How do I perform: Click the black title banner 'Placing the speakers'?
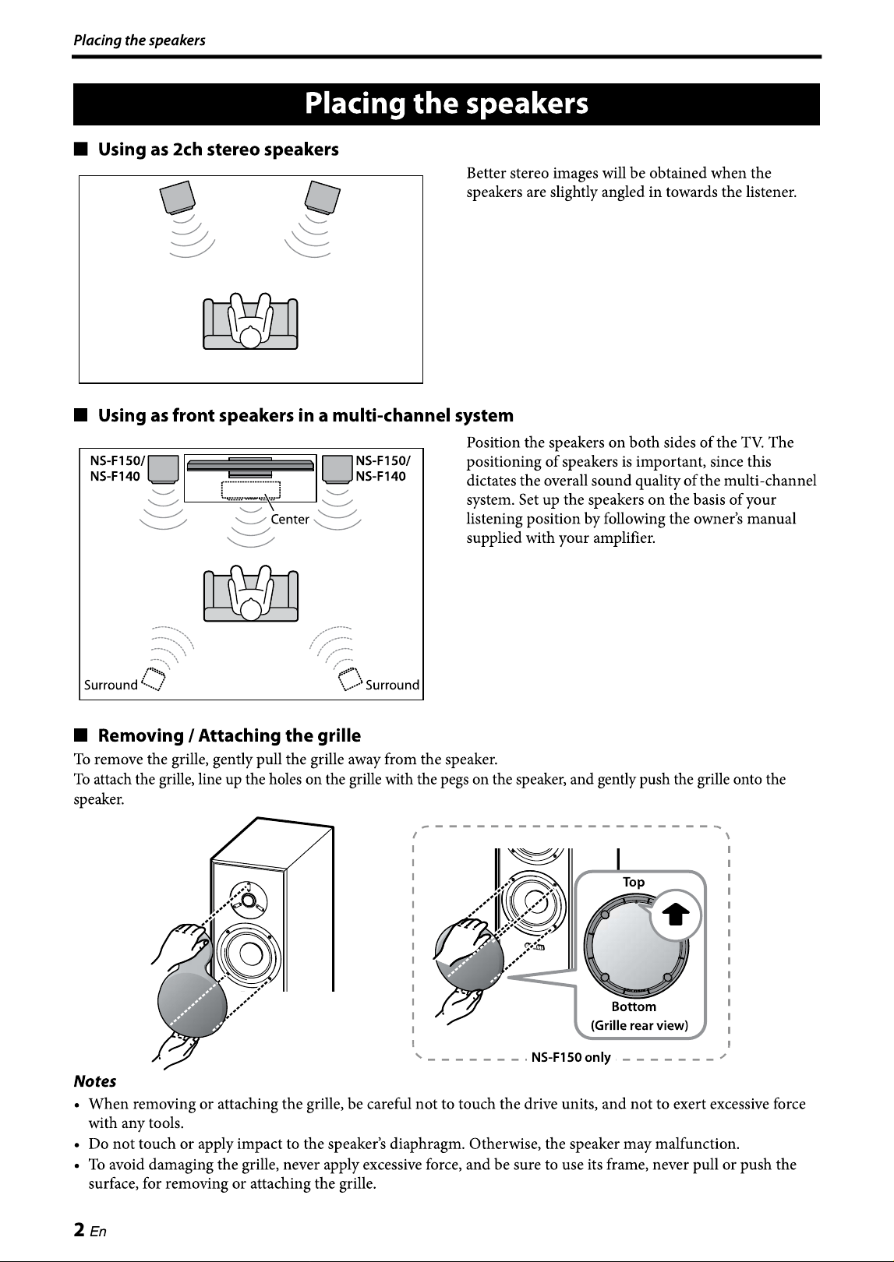(x=447, y=104)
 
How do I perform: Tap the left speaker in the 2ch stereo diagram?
(x=178, y=197)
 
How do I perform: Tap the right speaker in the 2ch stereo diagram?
(x=323, y=197)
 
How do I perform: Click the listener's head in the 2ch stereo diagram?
(x=250, y=337)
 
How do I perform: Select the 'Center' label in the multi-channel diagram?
(x=290, y=519)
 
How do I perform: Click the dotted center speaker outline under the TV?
(x=251, y=490)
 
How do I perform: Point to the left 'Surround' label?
(x=111, y=685)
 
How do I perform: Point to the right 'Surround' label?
(x=392, y=685)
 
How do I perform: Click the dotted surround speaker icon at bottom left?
(x=154, y=679)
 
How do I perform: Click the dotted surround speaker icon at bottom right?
(x=350, y=679)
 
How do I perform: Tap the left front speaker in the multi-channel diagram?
(x=164, y=469)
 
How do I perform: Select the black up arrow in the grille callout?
(x=675, y=915)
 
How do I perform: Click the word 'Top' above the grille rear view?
(x=634, y=883)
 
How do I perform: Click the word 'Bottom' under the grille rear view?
(x=634, y=1006)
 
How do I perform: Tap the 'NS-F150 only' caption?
(x=571, y=1057)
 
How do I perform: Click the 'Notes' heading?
(x=94, y=1081)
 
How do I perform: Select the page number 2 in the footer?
(x=80, y=1230)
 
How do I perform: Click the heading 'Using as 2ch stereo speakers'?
(x=218, y=150)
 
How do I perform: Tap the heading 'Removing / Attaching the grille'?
(x=229, y=735)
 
